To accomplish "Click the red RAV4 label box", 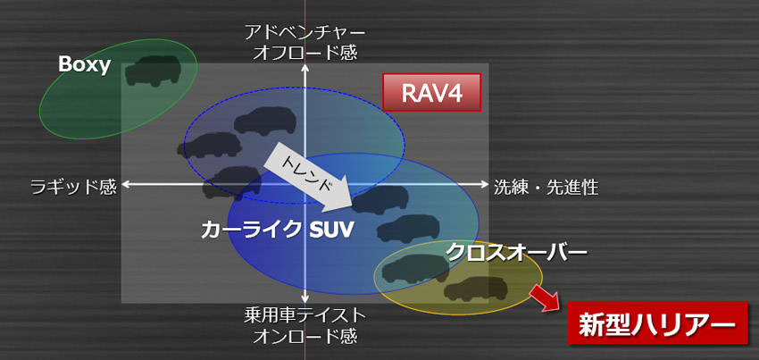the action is point(431,92).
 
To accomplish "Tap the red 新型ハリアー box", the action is point(657,322).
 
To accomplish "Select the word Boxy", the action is point(84,64).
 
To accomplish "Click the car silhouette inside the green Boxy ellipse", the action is point(153,71).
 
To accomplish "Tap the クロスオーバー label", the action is point(516,252).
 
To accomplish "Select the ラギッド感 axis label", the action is point(73,187).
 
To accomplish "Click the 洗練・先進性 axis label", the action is point(546,187).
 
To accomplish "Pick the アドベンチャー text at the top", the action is point(305,33).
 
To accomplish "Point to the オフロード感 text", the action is point(305,52).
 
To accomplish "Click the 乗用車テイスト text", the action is point(305,315).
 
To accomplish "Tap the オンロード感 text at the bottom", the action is point(305,334).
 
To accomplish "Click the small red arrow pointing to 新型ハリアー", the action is point(545,297).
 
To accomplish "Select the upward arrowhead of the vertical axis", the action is point(305,68).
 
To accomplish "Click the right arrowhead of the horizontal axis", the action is point(485,184).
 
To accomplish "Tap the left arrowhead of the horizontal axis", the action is point(126,184).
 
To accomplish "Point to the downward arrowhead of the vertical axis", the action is point(305,298).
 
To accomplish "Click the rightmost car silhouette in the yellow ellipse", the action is point(476,289).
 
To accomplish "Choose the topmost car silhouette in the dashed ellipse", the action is point(265,121).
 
